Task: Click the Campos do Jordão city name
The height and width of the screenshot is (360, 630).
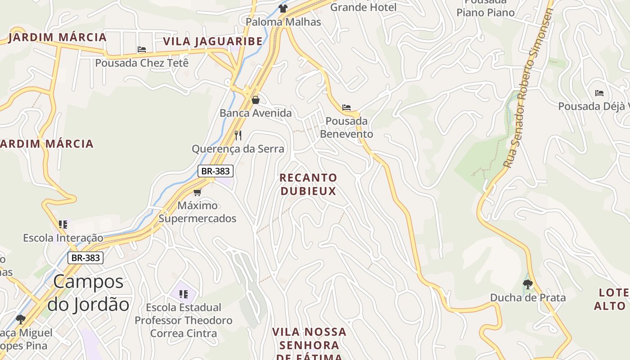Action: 88,293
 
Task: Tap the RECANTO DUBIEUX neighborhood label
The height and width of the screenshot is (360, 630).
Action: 308,184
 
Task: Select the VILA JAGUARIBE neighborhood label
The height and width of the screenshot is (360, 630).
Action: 213,41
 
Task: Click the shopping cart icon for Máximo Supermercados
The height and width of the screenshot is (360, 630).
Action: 197,192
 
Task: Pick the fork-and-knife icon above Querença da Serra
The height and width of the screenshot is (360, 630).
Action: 238,135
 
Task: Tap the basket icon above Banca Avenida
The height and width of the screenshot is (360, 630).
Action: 256,99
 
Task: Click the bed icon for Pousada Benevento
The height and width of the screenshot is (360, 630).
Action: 346,108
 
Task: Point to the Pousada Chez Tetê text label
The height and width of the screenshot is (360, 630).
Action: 142,63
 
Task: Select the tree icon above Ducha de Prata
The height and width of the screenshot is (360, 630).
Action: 528,284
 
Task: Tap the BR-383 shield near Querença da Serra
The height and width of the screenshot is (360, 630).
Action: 216,171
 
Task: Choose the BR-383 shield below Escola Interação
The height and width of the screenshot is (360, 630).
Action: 85,258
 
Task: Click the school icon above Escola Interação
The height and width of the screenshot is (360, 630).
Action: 63,224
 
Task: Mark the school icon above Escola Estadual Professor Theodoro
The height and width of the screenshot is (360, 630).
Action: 183,294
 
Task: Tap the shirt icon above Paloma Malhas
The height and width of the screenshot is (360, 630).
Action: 283,8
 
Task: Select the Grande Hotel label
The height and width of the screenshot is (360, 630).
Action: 364,7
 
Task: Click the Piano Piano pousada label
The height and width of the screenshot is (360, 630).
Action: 486,12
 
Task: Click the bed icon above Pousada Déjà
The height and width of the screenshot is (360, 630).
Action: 599,93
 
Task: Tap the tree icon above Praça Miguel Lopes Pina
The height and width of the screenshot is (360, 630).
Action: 20,319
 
